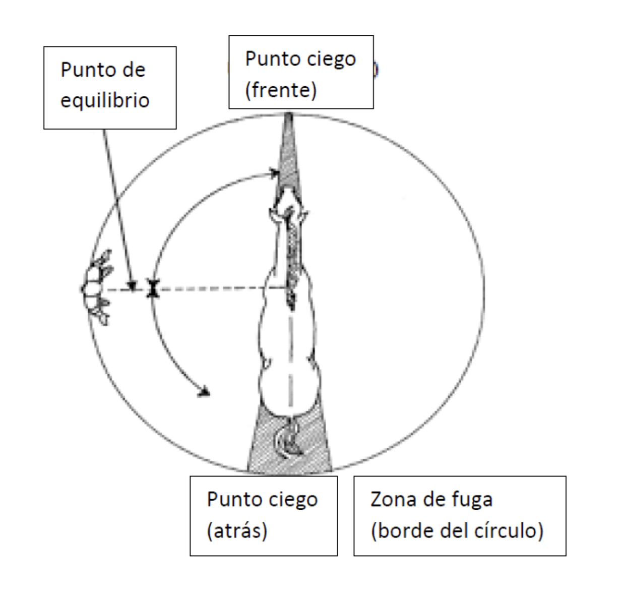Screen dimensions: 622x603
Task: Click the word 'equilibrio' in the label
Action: click(x=105, y=100)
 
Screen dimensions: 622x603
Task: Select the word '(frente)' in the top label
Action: click(x=281, y=91)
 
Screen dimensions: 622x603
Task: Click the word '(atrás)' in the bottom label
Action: click(x=237, y=531)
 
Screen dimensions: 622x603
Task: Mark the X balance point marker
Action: click(x=153, y=288)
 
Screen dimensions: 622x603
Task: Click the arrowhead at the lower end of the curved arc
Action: click(x=204, y=392)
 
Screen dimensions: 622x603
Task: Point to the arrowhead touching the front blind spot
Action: click(x=275, y=174)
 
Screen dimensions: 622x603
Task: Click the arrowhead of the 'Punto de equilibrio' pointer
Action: click(x=132, y=286)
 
